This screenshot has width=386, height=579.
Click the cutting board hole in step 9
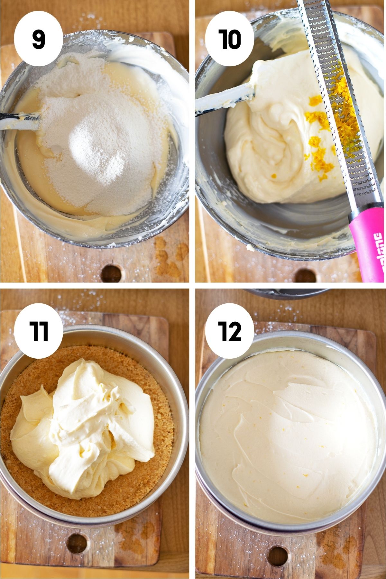pyautogui.click(x=111, y=274)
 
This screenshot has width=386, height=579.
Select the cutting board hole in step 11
pyautogui.click(x=77, y=544)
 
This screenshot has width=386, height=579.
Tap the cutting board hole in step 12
pyautogui.click(x=277, y=556)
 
